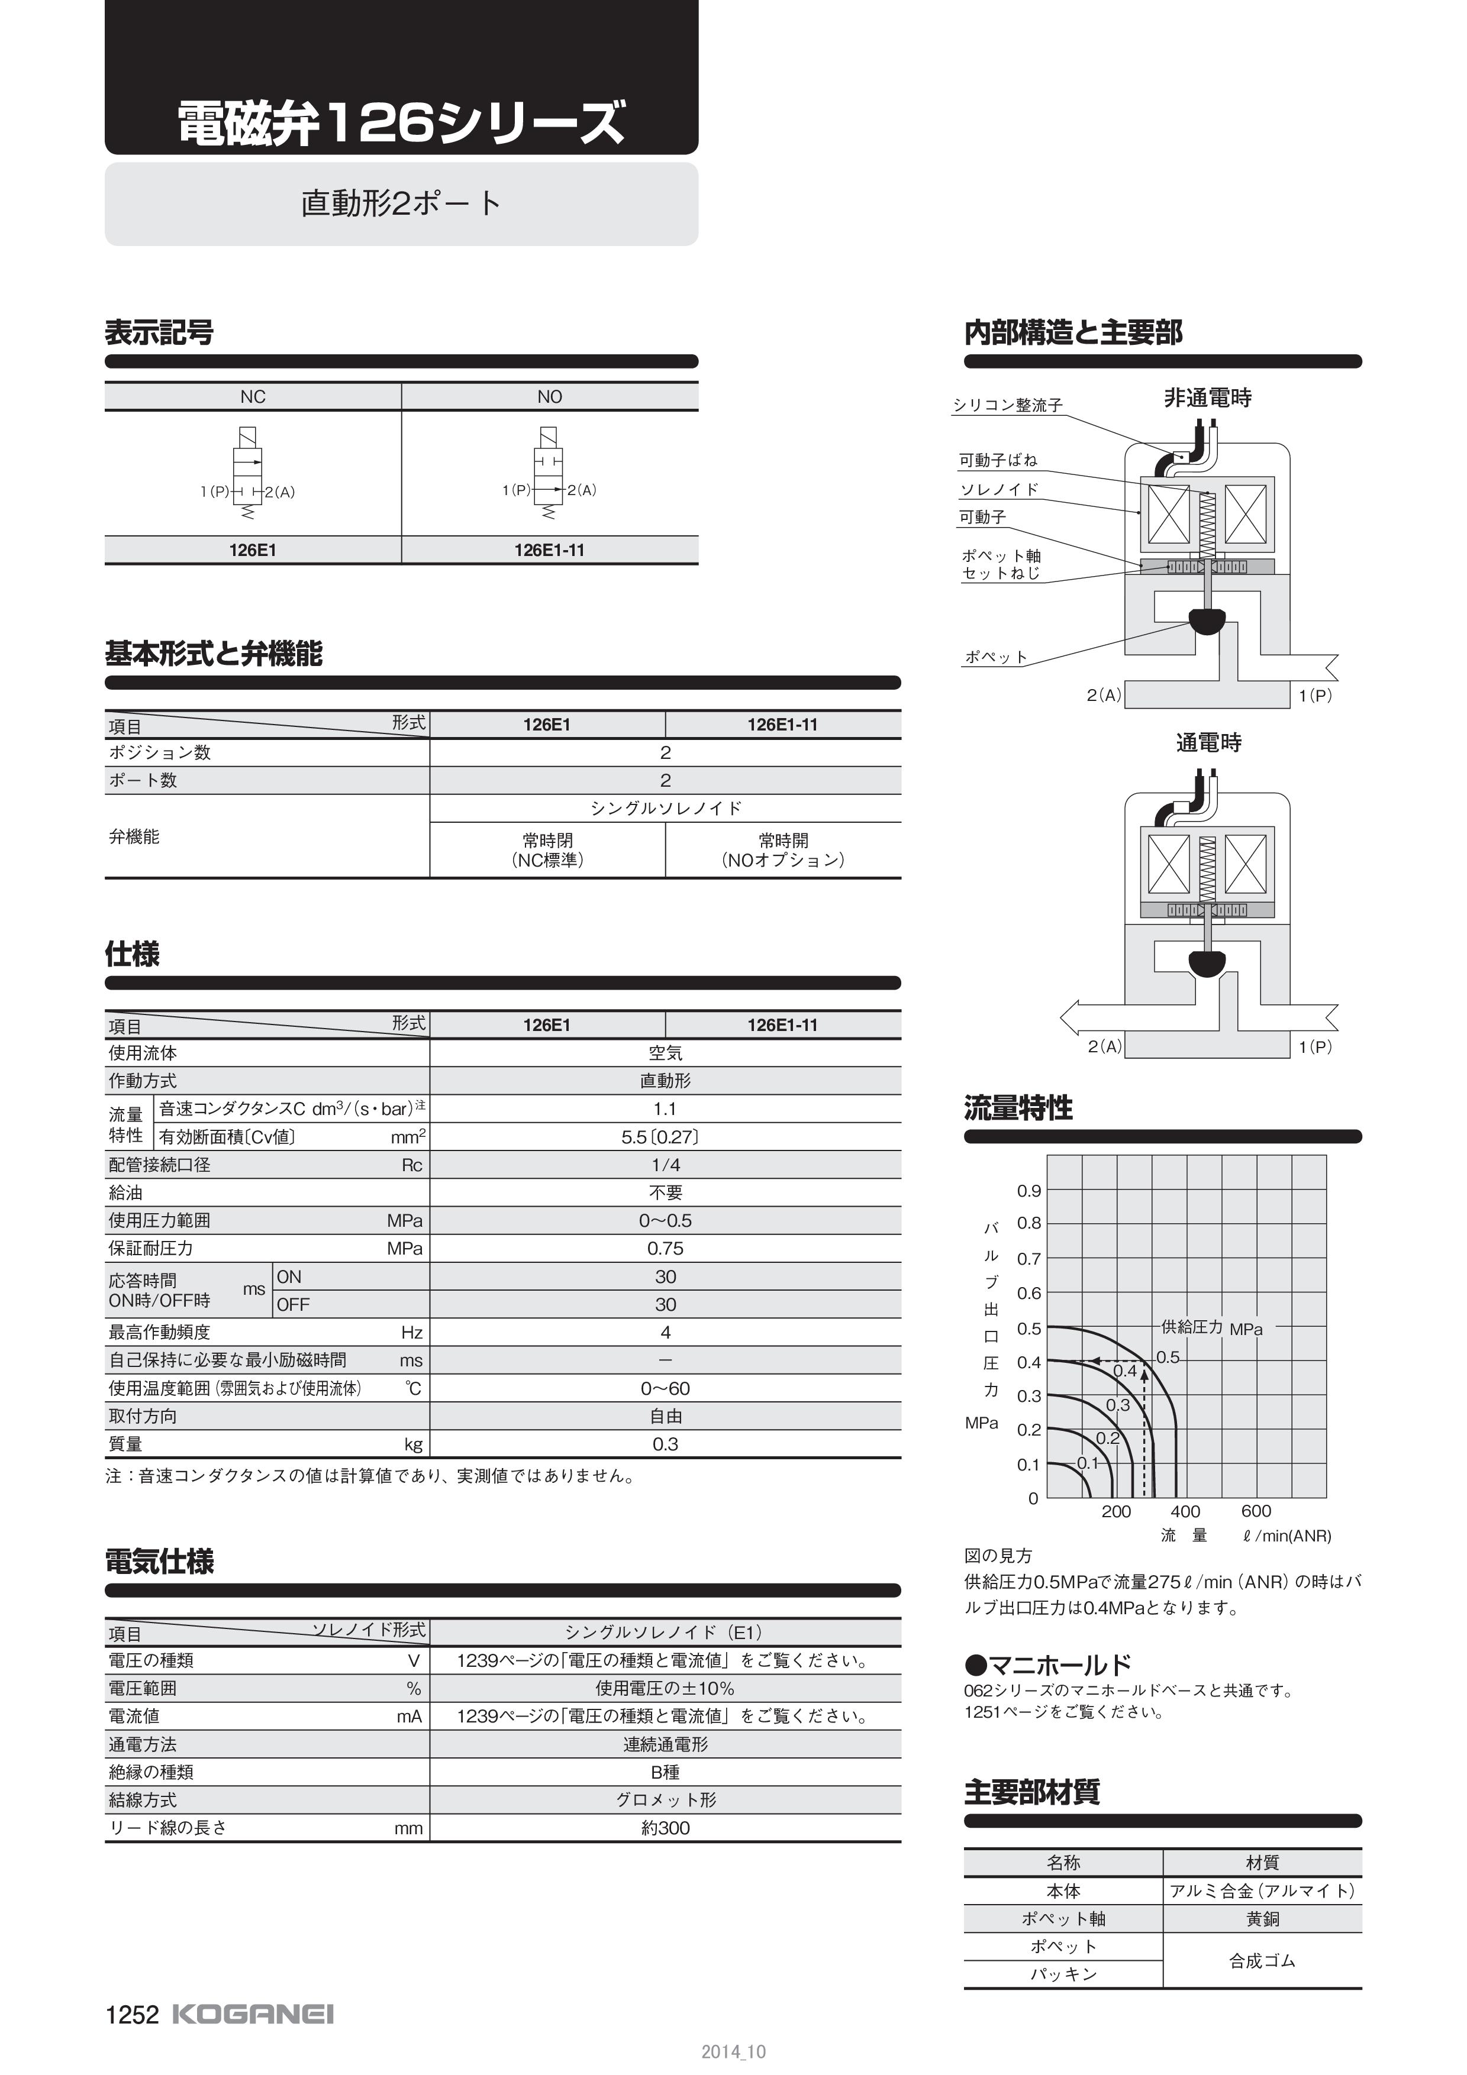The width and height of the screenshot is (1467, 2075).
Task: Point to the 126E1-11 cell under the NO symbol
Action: [549, 550]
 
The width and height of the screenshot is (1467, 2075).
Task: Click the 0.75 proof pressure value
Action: [665, 1248]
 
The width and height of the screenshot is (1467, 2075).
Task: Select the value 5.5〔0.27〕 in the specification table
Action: [665, 1137]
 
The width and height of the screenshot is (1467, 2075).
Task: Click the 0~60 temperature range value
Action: [665, 1388]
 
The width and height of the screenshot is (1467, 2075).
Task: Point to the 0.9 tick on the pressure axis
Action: [1028, 1191]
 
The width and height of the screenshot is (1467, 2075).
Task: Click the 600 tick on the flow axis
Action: [1256, 1511]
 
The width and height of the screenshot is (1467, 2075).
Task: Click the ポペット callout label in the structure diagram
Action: [996, 657]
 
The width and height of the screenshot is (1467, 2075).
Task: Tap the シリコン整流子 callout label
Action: [1008, 406]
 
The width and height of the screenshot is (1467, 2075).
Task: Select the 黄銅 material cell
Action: [1262, 1919]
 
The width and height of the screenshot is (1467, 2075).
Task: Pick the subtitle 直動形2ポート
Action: [401, 202]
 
